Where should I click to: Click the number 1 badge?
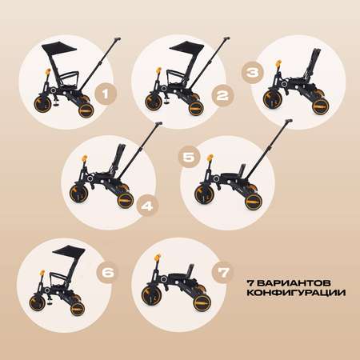[x=106, y=94]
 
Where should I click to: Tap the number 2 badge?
[x=222, y=95]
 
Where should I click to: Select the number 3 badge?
[x=252, y=73]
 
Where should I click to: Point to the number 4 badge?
[x=147, y=206]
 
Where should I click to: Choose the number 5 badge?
[x=189, y=157]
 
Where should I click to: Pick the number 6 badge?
[x=107, y=272]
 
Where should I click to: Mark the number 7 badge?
[x=223, y=273]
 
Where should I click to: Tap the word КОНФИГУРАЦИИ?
[x=296, y=293]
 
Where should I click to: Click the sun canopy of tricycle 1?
[x=58, y=49]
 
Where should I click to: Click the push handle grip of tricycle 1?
[x=118, y=39]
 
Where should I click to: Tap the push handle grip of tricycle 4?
[x=158, y=124]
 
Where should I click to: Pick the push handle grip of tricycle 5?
[x=289, y=122]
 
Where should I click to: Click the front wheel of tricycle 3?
[x=271, y=98]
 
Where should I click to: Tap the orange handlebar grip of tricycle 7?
[x=158, y=258]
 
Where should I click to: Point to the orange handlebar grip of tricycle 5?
[x=210, y=158]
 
